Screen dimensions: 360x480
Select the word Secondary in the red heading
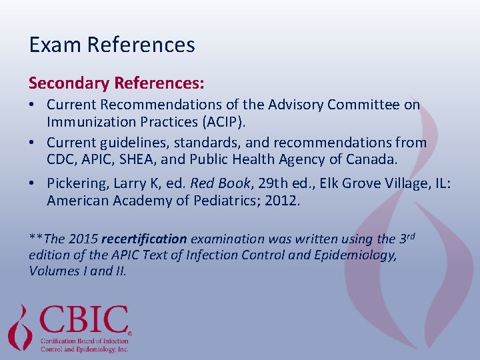pos(69,83)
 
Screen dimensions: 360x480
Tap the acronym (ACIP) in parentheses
pos(237,123)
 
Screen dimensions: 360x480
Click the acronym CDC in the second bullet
pos(61,160)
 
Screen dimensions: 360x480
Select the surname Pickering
pos(77,183)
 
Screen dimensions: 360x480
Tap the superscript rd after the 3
pos(412,234)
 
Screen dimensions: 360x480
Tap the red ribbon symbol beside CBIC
pos(21,327)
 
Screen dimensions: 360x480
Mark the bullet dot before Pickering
pos(33,183)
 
